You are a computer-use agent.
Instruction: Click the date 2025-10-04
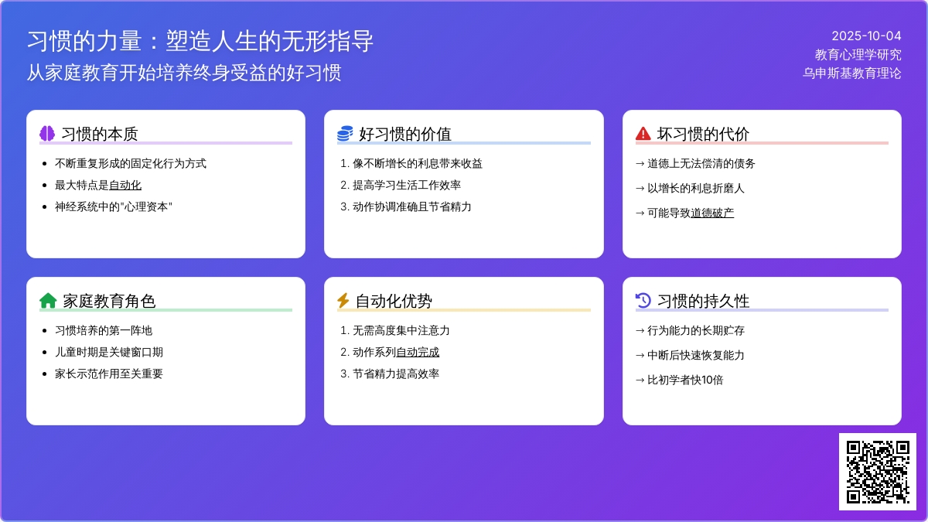[x=866, y=36]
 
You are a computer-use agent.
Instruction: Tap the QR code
[x=878, y=472]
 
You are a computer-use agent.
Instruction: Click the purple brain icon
[x=47, y=133]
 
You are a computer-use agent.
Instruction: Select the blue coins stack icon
[x=345, y=133]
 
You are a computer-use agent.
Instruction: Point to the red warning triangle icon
[x=643, y=133]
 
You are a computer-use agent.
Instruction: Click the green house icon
[x=48, y=301]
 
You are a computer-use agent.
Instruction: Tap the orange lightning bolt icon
[x=343, y=301]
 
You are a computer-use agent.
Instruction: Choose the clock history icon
[x=643, y=301]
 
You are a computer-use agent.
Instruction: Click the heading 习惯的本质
[x=100, y=135]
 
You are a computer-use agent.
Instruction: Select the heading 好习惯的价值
[x=404, y=135]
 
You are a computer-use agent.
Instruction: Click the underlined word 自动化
[x=125, y=185]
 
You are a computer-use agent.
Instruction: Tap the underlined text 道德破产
[x=712, y=213]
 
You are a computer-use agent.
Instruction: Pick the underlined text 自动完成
[x=418, y=352]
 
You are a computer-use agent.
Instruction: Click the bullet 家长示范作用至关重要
[x=109, y=374]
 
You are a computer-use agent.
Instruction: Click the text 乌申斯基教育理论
[x=851, y=73]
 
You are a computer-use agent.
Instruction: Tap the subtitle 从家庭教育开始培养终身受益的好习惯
[x=184, y=73]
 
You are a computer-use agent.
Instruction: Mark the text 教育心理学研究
[x=858, y=55]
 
